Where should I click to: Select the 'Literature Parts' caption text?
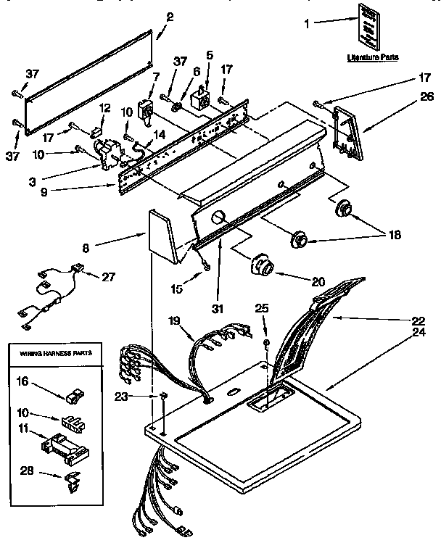[x=373, y=57]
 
